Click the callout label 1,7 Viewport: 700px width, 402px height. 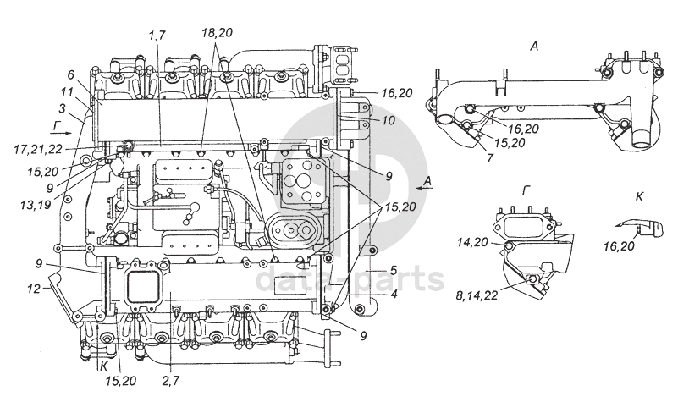(x=157, y=36)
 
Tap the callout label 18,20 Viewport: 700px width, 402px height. (x=217, y=32)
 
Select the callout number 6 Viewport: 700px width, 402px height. (x=71, y=75)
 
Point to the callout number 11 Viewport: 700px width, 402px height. (x=67, y=92)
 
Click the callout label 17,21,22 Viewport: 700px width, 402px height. (x=37, y=149)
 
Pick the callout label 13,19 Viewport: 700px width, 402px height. (x=36, y=204)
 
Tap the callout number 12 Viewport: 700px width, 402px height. (x=34, y=289)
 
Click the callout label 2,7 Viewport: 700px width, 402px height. (x=171, y=381)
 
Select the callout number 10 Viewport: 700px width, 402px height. (x=389, y=120)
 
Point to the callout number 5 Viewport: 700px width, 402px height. (x=394, y=270)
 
